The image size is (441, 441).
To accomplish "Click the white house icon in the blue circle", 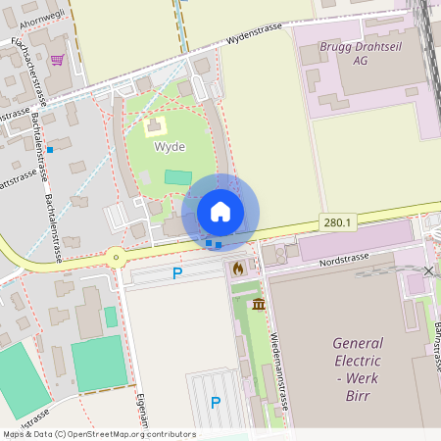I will (220, 212).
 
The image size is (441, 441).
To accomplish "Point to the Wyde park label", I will (170, 146).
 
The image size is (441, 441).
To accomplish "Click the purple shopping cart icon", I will (57, 60).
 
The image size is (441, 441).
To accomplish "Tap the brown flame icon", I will (238, 267).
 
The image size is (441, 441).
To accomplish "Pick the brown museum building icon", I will (258, 305).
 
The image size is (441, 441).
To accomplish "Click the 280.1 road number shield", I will (336, 223).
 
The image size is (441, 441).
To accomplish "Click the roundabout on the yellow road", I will (117, 258).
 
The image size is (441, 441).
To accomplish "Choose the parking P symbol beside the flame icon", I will (177, 273).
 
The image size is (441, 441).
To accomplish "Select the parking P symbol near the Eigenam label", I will (216, 402).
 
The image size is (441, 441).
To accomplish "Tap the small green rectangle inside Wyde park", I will (178, 177).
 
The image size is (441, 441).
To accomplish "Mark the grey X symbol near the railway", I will (429, 269).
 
